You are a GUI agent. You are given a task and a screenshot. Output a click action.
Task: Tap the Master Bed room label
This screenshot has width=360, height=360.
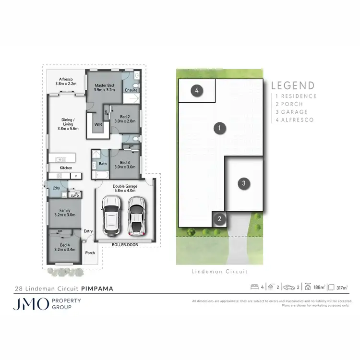(x=104, y=87)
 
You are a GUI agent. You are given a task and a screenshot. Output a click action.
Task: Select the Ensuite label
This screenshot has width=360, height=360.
(x=131, y=90)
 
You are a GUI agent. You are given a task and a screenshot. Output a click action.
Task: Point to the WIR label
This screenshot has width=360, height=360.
(x=98, y=124)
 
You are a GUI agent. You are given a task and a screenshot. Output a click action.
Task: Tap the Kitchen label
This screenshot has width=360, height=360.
(x=66, y=168)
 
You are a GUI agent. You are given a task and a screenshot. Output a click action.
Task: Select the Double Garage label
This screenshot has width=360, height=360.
(x=124, y=188)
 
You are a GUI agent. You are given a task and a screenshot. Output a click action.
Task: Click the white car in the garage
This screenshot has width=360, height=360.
(x=111, y=216)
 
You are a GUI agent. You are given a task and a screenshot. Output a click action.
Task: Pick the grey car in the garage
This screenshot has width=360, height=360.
(x=137, y=215)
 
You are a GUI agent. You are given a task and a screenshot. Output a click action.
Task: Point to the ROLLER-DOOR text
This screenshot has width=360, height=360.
(x=124, y=245)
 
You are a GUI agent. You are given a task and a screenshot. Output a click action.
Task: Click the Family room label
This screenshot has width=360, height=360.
(x=64, y=213)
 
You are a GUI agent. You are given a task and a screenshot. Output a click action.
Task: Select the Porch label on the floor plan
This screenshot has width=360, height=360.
(x=90, y=253)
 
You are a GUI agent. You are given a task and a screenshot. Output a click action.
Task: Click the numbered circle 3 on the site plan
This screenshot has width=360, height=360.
(x=244, y=183)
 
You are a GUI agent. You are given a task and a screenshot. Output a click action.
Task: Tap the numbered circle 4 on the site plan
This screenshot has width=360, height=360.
(x=197, y=90)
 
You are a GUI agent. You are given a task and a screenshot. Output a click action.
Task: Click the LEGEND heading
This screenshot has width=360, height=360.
(x=293, y=86)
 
